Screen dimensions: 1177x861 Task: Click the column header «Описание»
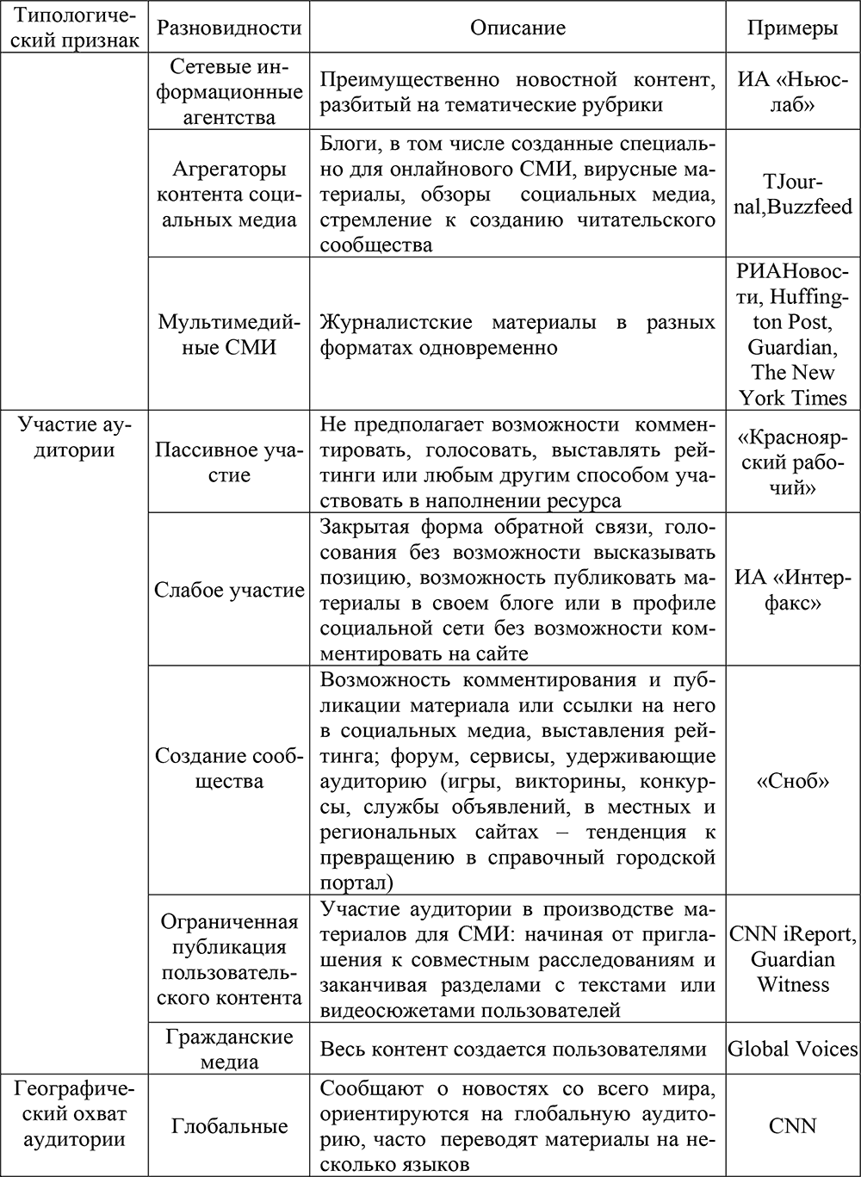[x=517, y=28]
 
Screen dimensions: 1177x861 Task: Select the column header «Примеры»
[x=792, y=28]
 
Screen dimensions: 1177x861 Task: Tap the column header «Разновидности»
[x=229, y=28]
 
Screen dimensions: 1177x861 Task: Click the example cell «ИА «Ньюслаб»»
[x=792, y=92]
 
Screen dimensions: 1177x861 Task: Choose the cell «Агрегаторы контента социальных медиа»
[x=229, y=194]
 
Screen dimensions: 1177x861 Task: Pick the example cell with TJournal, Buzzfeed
[x=792, y=194]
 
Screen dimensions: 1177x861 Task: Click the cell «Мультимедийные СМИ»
[x=229, y=335]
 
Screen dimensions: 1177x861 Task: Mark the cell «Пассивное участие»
[x=229, y=462]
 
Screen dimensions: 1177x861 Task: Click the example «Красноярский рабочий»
[x=792, y=462]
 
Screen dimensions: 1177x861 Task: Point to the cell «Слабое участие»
[x=229, y=591]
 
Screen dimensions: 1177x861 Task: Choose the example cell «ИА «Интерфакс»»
[x=792, y=591]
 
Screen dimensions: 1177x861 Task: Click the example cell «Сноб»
[x=792, y=782]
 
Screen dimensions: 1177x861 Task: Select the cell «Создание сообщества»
[x=229, y=769]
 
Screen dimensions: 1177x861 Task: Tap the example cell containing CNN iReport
[x=792, y=959]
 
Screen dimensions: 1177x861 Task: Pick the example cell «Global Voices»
[x=792, y=1049]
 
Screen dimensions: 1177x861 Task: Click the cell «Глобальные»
[x=229, y=1126]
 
